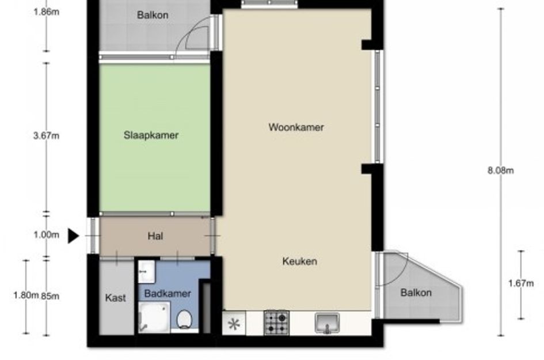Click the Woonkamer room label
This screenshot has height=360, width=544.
coord(296,127)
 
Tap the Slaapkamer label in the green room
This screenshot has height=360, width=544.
coord(151,135)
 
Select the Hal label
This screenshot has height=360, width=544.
coord(155,236)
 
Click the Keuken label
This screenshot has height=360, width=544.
coord(299,261)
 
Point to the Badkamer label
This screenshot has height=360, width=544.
coord(168,294)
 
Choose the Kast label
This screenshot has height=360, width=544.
coord(115,298)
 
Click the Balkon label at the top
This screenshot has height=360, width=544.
coord(153,15)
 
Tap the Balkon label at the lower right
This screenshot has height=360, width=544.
coord(416,293)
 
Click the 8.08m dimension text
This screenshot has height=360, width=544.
coord(501,170)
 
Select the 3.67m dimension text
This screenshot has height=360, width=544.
coord(46,136)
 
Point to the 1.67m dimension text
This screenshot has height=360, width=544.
coord(521,283)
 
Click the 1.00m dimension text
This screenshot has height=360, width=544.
coord(46,235)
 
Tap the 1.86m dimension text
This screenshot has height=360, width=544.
coord(46,12)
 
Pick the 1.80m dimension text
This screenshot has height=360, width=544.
coord(26,295)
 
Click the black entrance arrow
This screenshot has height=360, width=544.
coord(73,236)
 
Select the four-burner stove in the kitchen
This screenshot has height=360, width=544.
coord(276,323)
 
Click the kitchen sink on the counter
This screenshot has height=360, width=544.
coord(327,323)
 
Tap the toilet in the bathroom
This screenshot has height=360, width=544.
coord(184,319)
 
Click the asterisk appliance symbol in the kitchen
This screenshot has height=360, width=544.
coord(234,324)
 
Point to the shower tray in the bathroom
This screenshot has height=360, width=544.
coord(154,317)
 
